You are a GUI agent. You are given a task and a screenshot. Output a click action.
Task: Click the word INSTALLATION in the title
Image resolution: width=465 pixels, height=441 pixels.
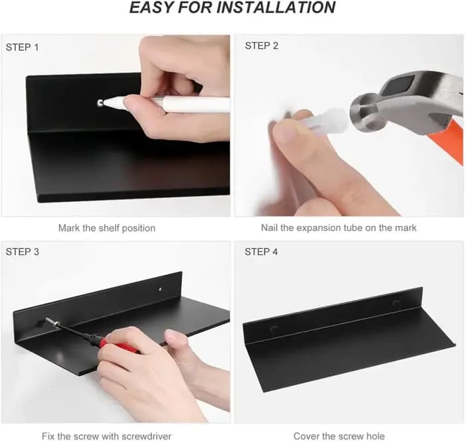(276, 7)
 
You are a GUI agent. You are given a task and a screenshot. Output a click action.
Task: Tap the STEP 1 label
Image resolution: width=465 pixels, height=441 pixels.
(22, 47)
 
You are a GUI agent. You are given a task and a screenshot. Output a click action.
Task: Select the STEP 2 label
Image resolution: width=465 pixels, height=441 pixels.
(262, 46)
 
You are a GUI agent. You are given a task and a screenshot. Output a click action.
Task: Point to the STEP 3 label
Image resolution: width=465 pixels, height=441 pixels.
(22, 252)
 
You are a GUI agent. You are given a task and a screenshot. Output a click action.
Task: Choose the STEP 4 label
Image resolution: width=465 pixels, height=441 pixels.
(261, 252)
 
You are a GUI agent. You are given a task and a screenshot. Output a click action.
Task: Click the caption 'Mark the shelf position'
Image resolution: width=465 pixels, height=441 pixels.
(107, 228)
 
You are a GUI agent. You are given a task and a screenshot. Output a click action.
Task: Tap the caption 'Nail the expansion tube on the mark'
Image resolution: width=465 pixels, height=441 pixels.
(339, 228)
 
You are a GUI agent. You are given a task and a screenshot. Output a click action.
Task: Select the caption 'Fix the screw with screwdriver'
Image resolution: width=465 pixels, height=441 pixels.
(106, 436)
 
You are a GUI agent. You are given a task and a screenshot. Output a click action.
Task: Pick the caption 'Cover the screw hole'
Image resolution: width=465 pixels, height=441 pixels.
(339, 436)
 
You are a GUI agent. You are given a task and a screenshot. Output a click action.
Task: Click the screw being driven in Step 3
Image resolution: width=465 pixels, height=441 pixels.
(52, 321)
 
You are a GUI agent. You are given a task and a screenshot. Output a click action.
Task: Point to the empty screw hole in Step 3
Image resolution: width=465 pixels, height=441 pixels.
(160, 289)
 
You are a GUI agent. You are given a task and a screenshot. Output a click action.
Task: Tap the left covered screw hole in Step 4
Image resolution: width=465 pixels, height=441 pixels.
(274, 328)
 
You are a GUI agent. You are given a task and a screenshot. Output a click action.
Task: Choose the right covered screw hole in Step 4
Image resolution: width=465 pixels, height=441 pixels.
(396, 303)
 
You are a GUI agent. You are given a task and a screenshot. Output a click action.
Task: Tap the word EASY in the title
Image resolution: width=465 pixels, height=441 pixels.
(151, 7)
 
